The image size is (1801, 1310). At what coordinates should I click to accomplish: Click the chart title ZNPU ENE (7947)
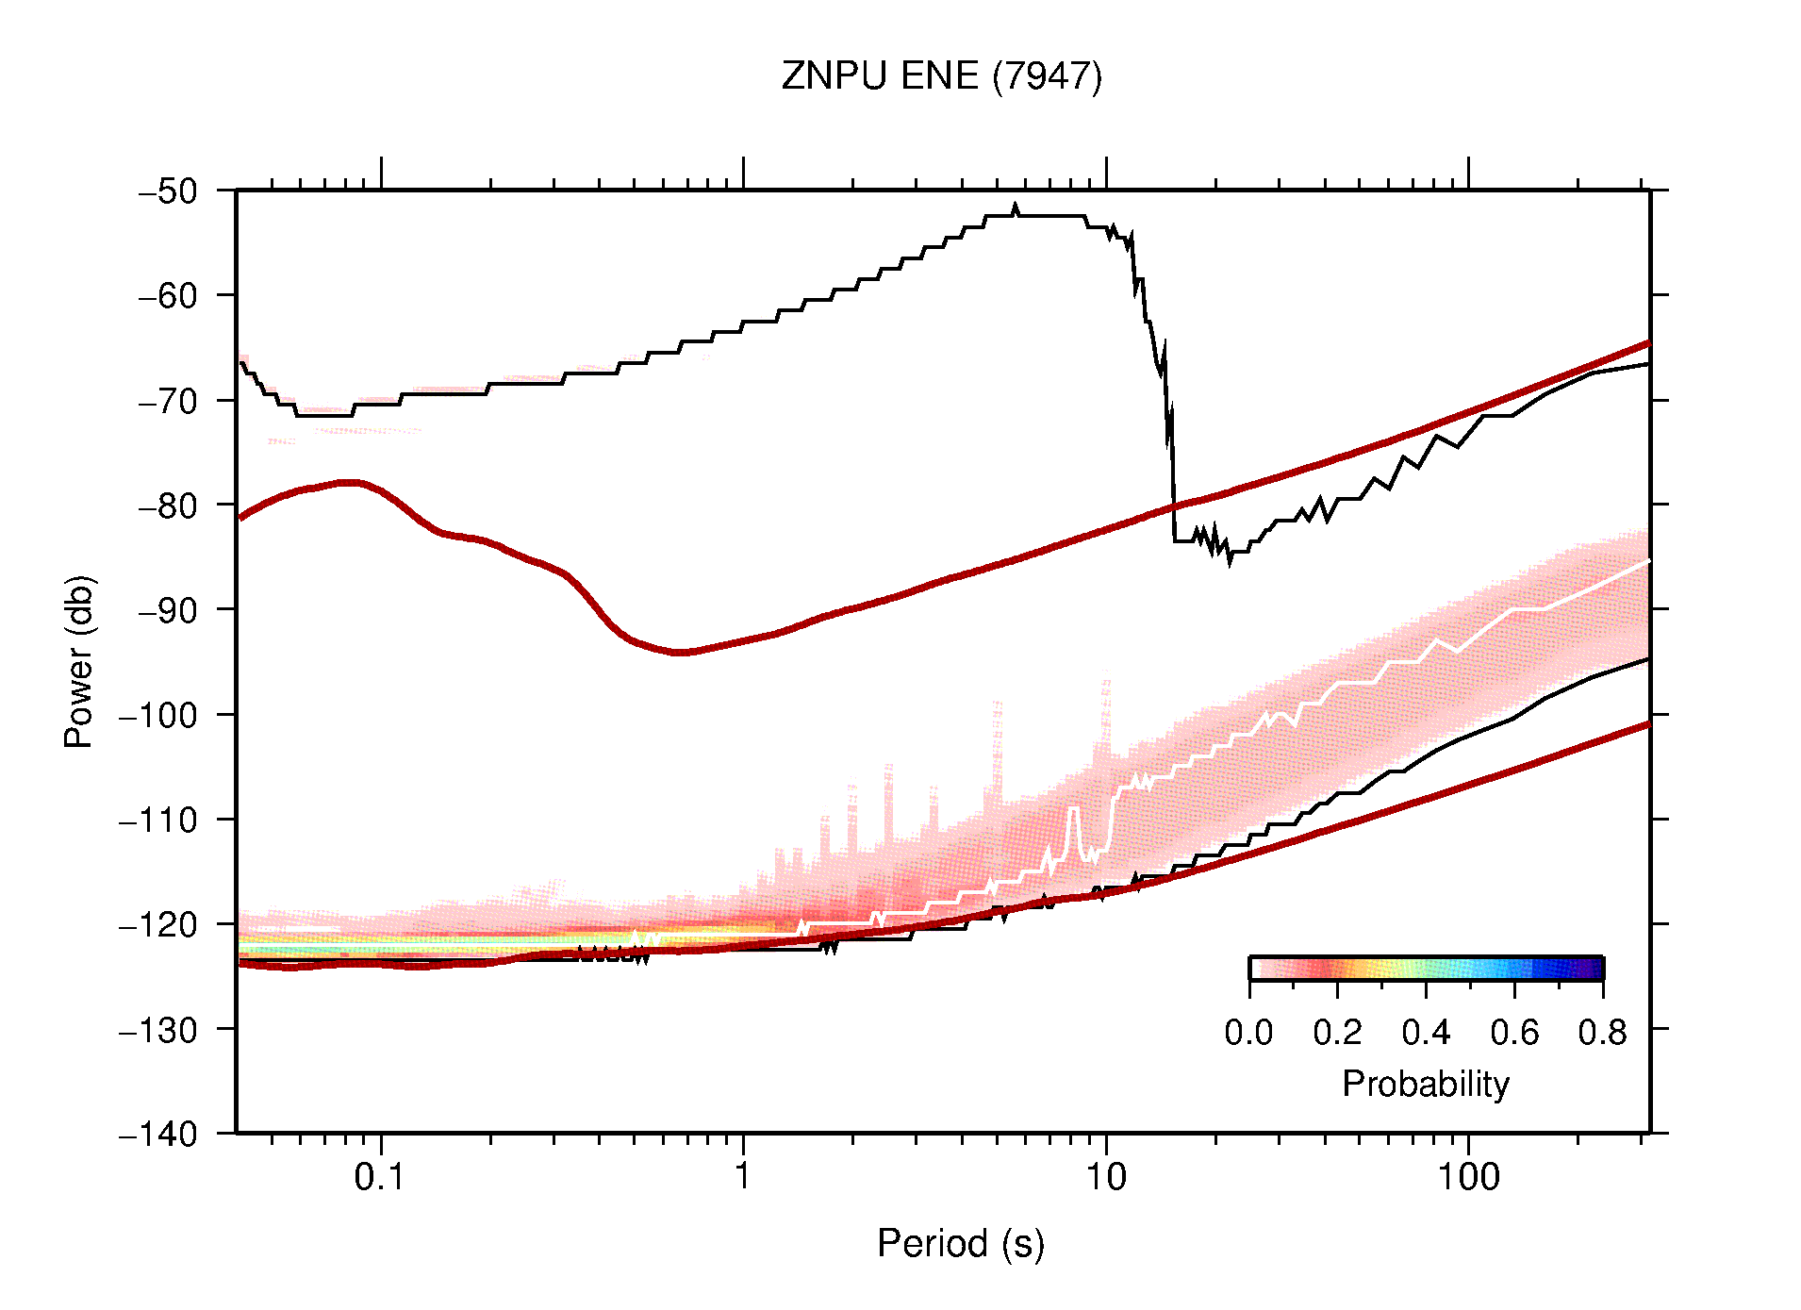[x=941, y=76]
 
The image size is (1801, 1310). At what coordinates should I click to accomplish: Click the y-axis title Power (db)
[x=79, y=661]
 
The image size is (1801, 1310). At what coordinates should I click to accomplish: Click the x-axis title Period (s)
[x=960, y=1244]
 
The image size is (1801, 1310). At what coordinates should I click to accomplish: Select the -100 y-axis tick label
[x=158, y=715]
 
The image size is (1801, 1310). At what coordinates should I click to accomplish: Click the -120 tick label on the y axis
[x=158, y=924]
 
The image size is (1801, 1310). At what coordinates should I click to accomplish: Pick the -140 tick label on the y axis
[x=158, y=1134]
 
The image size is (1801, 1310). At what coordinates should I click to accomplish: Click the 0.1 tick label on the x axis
[x=380, y=1177]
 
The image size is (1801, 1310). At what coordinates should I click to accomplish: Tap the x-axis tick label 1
[x=743, y=1177]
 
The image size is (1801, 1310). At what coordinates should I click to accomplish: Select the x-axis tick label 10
[x=1105, y=1177]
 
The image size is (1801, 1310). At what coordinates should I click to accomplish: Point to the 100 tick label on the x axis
[x=1467, y=1177]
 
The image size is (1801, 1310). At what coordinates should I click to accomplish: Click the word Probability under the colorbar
[x=1425, y=1085]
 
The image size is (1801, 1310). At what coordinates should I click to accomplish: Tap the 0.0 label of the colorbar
[x=1248, y=1033]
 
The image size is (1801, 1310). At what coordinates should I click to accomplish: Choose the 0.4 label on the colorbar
[x=1425, y=1033]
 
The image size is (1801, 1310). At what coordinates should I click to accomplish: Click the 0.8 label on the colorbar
[x=1602, y=1033]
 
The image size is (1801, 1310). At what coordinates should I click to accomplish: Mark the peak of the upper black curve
[x=1016, y=209]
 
